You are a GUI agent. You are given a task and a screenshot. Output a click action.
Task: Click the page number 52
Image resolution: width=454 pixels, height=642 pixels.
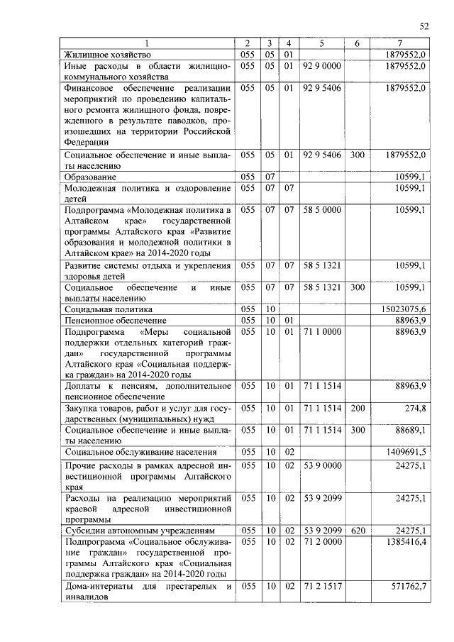click(423, 26)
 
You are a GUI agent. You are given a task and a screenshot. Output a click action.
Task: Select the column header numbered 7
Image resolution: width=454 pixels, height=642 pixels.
click(400, 43)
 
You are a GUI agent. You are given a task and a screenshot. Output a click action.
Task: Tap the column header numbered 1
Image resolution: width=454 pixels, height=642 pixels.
click(147, 43)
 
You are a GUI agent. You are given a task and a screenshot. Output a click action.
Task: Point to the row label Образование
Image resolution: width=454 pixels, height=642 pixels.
click(90, 176)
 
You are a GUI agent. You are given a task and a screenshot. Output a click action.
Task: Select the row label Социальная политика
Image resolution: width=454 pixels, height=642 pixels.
click(109, 309)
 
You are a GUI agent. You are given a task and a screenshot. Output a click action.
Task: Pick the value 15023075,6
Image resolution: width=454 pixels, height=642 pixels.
click(404, 309)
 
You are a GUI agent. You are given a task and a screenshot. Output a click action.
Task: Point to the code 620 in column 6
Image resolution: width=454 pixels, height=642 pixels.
click(357, 530)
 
